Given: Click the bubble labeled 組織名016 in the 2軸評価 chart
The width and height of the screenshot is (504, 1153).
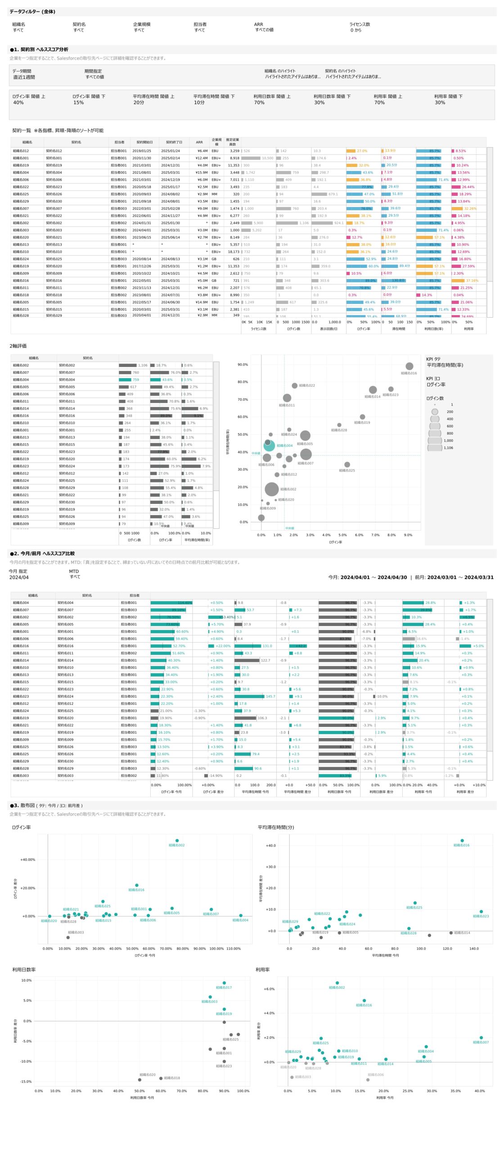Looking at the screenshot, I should tap(409, 366).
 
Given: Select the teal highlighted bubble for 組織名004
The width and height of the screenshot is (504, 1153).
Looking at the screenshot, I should tap(269, 446).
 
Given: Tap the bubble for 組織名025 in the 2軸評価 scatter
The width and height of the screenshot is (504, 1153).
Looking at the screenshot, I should tap(347, 464).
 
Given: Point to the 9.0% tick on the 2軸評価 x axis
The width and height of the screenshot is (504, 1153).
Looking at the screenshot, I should tap(408, 535).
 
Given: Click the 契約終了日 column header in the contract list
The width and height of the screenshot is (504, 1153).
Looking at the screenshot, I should tap(174, 142).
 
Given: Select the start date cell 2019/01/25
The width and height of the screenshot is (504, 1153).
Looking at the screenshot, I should tap(141, 151).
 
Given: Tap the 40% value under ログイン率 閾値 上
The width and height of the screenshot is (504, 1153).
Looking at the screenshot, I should tap(18, 103).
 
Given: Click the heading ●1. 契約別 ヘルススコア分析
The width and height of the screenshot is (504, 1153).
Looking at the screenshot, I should tap(39, 50).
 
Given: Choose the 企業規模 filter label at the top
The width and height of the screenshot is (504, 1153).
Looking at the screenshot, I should tap(142, 24).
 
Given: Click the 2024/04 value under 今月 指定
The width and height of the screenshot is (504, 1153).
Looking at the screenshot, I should tap(19, 577).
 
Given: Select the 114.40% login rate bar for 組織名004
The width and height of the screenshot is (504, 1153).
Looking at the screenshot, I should tap(171, 603).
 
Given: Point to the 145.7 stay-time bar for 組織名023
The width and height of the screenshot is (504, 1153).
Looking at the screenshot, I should tap(249, 696).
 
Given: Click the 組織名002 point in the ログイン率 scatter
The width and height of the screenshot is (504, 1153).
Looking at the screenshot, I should tap(177, 840).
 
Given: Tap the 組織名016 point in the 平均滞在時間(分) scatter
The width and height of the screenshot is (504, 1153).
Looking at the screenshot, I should tap(462, 840).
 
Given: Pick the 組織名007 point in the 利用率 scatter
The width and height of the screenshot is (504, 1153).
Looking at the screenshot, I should tap(481, 1038).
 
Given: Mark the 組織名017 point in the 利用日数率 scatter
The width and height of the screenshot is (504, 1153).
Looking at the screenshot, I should tap(224, 983).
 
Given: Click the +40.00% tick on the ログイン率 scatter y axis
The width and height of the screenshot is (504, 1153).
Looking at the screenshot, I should tap(27, 860).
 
